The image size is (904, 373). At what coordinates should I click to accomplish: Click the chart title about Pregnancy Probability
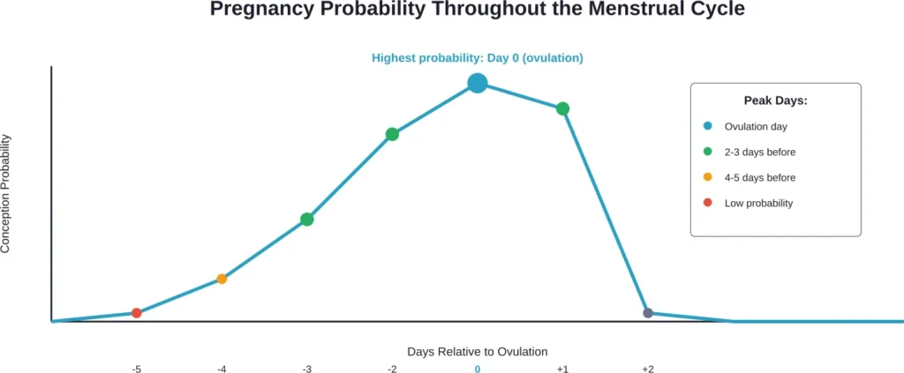(x=477, y=11)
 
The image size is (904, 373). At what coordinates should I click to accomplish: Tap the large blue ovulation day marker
(x=478, y=83)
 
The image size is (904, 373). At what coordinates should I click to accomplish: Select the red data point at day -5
(x=136, y=313)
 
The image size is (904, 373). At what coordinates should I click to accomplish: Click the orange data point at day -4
(x=222, y=279)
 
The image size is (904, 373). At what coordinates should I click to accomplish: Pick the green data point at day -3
(x=306, y=219)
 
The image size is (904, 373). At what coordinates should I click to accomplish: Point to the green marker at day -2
(x=392, y=134)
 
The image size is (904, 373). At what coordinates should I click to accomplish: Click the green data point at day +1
(x=562, y=108)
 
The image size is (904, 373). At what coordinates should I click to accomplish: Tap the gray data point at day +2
(x=648, y=313)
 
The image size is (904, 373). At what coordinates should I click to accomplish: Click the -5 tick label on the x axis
(x=136, y=369)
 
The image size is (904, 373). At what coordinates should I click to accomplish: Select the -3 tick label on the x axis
(x=306, y=369)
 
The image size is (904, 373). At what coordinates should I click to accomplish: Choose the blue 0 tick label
(x=478, y=369)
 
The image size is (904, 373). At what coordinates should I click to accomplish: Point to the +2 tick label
(x=648, y=369)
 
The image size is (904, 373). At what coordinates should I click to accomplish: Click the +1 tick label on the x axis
(x=562, y=369)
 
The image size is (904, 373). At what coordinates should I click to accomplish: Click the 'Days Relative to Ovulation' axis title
(x=477, y=351)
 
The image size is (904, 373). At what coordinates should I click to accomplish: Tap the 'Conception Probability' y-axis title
(x=6, y=194)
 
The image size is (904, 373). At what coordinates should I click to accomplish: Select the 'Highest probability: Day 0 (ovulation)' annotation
(x=477, y=58)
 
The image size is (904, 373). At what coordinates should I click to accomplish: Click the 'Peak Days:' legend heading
(x=775, y=101)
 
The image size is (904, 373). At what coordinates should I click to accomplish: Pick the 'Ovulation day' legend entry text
(x=755, y=126)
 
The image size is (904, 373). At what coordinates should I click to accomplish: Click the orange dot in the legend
(x=708, y=177)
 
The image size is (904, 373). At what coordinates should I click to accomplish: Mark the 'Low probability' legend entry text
(x=758, y=203)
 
